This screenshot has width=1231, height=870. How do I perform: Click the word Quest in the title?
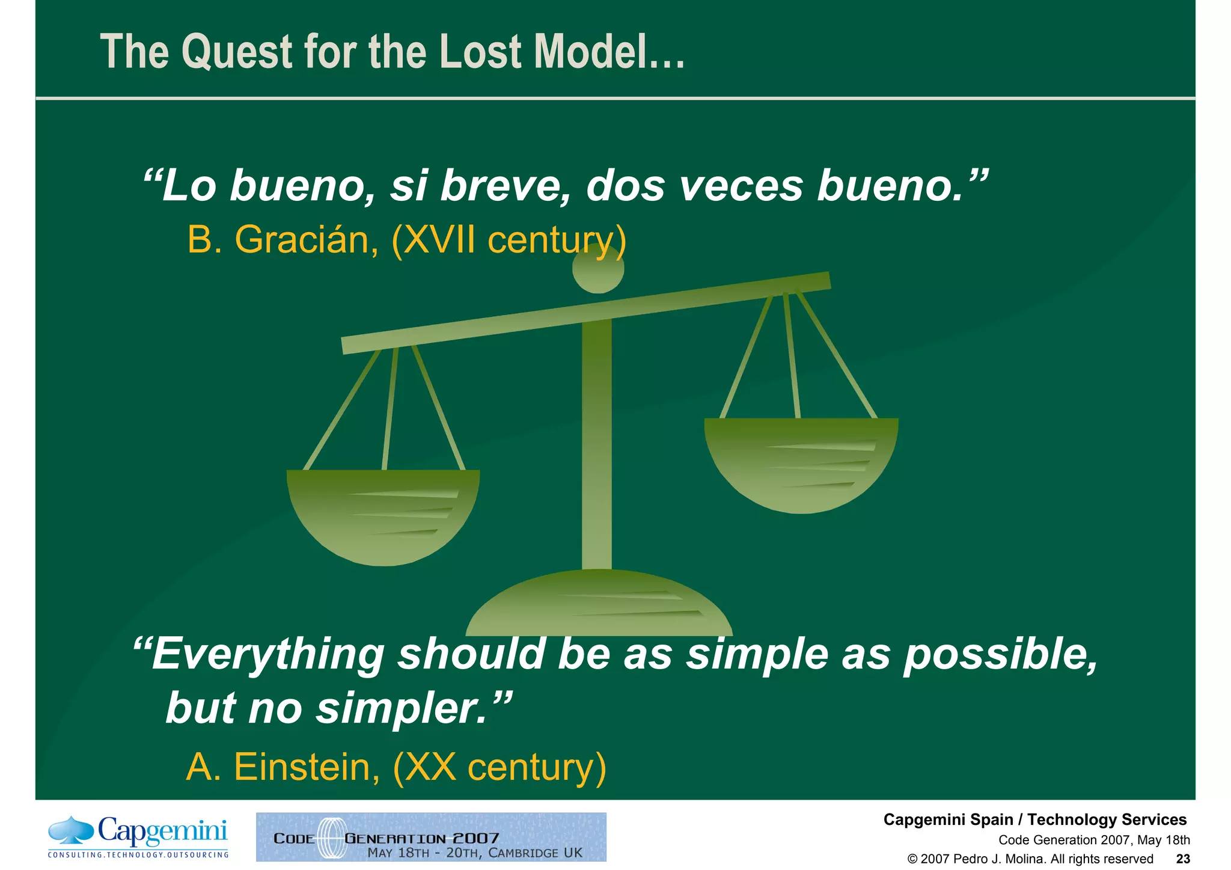click(237, 53)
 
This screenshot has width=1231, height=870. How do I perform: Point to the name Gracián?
click(306, 240)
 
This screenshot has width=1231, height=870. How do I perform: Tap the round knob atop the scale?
click(598, 269)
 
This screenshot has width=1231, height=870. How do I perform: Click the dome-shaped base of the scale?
click(599, 604)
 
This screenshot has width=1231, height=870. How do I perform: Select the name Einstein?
click(307, 767)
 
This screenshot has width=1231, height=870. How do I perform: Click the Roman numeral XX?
click(431, 767)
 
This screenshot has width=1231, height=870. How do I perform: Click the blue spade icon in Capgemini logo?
click(71, 830)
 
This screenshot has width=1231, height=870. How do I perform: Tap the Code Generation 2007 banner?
click(431, 837)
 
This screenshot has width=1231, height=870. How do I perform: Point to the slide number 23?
click(1183, 859)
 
